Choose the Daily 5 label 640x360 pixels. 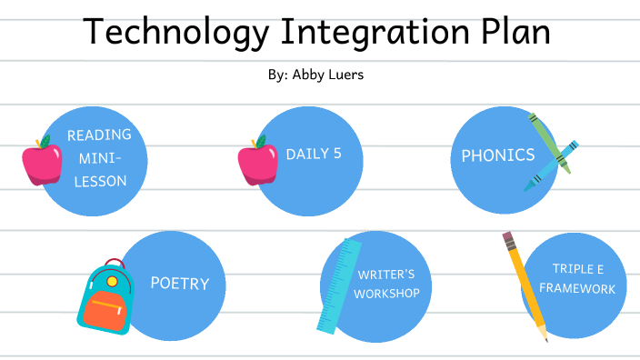[314, 154]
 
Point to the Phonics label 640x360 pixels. [498, 155]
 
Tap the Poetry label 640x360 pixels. [179, 284]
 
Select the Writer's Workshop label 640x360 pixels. [386, 284]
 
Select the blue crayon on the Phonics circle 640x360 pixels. [549, 166]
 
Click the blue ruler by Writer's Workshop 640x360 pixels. [338, 284]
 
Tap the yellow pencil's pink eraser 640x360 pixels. [508, 240]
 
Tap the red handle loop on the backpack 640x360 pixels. [114, 265]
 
